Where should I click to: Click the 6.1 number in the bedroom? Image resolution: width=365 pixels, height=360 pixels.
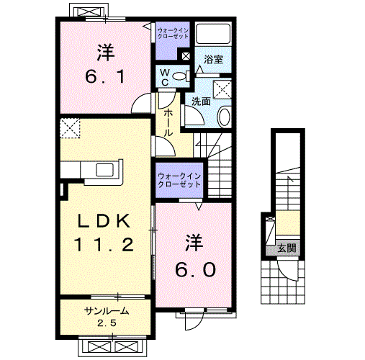point(105,74)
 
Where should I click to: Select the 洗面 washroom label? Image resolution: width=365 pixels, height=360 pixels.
point(200,102)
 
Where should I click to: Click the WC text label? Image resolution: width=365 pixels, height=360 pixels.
point(165,77)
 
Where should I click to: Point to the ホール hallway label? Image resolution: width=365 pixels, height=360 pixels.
point(167,124)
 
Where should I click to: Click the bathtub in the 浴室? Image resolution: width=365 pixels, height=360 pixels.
point(213,35)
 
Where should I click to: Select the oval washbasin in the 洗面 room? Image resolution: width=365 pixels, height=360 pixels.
point(223,117)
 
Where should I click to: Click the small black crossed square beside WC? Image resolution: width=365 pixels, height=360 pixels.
point(186,55)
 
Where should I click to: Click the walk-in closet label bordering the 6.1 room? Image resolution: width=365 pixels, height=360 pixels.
point(172,34)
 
